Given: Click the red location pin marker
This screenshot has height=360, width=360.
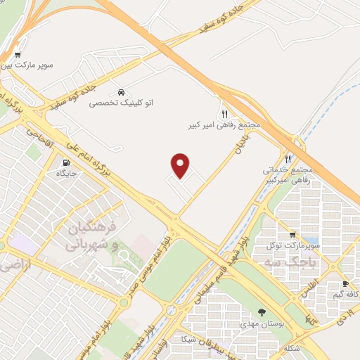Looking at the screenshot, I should point(181,165).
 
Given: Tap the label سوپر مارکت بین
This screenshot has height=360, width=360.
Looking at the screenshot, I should point(47,68).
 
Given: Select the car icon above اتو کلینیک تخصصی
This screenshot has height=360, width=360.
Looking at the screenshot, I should point(122,92).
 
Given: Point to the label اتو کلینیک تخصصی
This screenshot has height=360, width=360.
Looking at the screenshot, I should point(122,103).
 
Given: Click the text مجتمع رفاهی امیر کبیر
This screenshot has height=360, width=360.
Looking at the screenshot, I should point(225,124).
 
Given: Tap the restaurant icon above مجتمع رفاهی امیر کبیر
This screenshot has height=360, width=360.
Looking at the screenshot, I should point(224,113).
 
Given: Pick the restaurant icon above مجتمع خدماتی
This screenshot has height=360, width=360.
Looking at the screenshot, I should point(288,159).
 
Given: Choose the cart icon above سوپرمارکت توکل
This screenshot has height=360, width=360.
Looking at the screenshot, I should point(292,235).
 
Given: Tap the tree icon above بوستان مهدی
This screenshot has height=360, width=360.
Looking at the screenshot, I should point(263,311).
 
